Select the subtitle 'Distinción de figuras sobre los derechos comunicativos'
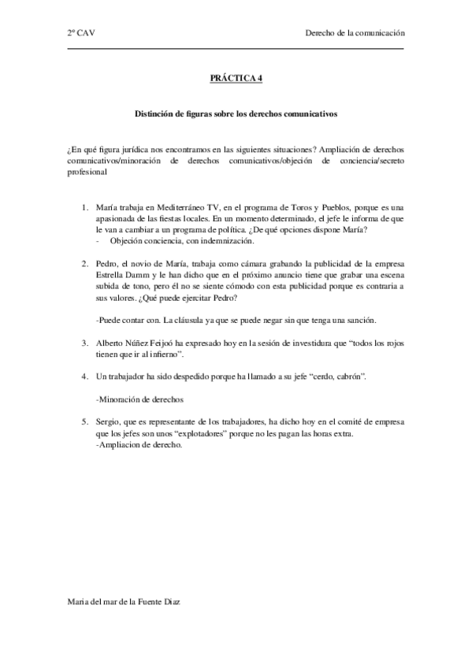[236, 113]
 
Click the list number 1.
[85, 207]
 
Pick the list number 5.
[85, 422]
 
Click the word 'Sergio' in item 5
[107, 422]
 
